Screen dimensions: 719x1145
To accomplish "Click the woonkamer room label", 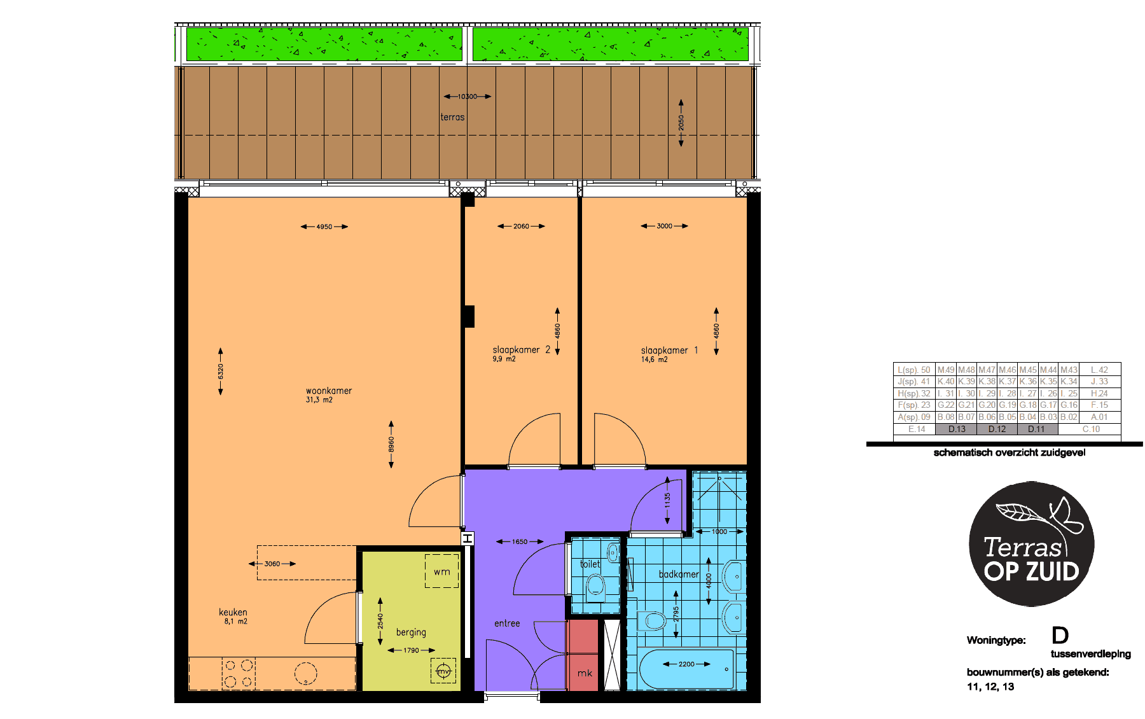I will pyautogui.click(x=328, y=391).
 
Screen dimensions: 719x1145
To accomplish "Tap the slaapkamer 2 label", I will pyautogui.click(x=521, y=349).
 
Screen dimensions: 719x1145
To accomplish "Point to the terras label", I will pyautogui.click(x=452, y=117).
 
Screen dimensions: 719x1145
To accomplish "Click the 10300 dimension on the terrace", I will pyautogui.click(x=468, y=97).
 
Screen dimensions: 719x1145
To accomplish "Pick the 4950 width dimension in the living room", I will pyautogui.click(x=324, y=227).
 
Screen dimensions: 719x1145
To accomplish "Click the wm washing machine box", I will pyautogui.click(x=442, y=571).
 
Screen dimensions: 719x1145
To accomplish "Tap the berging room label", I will pyautogui.click(x=411, y=632).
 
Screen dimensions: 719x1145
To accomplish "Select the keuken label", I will pyautogui.click(x=233, y=612).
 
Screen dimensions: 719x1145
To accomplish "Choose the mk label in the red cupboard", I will pyautogui.click(x=585, y=673).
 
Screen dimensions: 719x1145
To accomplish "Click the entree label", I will pyautogui.click(x=507, y=624).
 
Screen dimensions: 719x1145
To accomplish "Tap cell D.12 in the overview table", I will pyautogui.click(x=997, y=429).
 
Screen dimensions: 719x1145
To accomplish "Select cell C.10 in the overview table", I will pyautogui.click(x=1091, y=429).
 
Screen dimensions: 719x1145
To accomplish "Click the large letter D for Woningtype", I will pyautogui.click(x=1060, y=635).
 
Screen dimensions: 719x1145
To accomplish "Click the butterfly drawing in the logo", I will pyautogui.click(x=1066, y=515).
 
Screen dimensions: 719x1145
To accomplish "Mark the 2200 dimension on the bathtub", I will pyautogui.click(x=686, y=664).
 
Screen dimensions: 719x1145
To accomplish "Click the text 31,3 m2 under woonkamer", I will pyautogui.click(x=319, y=400).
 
